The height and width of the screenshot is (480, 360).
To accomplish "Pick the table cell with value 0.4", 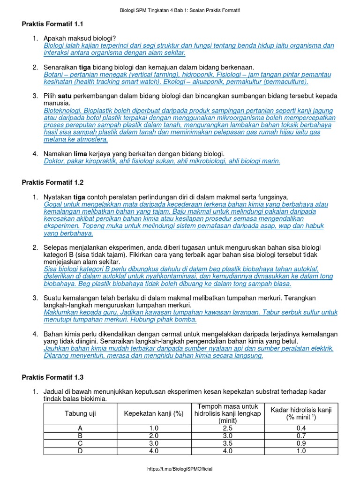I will point(301,428).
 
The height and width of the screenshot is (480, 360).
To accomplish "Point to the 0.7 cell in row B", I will point(301,436).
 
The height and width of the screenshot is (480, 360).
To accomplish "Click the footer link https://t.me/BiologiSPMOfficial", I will point(180,469).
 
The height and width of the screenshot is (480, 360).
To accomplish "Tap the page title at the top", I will point(180,10).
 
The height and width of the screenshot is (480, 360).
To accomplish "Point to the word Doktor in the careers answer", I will point(54,161).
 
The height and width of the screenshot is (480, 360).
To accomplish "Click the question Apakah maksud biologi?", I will point(80,38).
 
